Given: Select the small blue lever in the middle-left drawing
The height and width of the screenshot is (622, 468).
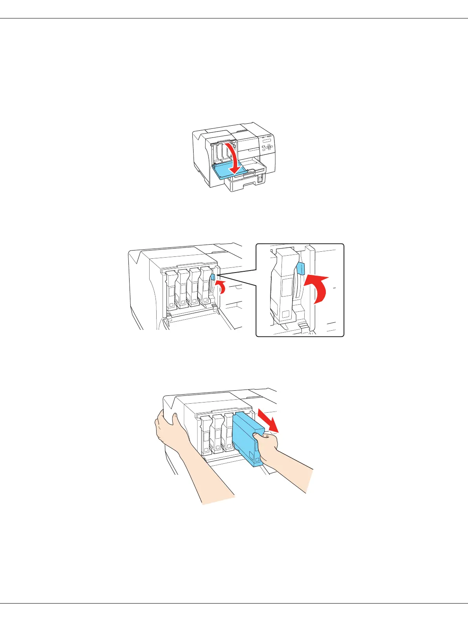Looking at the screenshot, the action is [x=213, y=277].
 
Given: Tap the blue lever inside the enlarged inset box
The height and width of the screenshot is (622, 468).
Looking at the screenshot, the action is [x=301, y=268].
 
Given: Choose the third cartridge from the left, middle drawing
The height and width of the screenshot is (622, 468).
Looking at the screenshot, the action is [x=194, y=289].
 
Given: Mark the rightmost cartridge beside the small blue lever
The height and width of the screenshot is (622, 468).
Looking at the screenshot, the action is [x=205, y=289].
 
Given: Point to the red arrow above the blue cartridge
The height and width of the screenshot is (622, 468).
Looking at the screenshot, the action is [x=268, y=421].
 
